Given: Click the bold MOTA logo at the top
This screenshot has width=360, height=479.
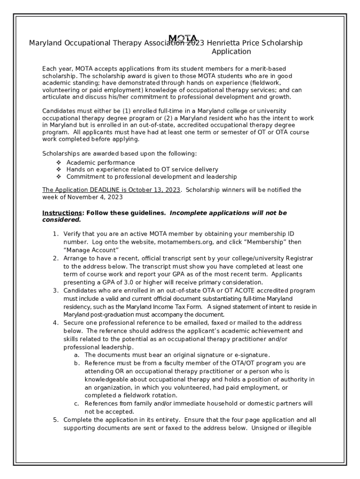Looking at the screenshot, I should pyautogui.click(x=183, y=38).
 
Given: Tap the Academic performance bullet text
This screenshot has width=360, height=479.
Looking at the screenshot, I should pyautogui.click(x=101, y=162).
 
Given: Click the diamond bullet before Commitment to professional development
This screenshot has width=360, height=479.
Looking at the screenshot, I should pyautogui.click(x=58, y=177).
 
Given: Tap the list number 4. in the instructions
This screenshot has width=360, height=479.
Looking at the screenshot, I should pyautogui.click(x=55, y=323).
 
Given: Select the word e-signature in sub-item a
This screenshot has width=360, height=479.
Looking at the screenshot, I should pyautogui.click(x=252, y=355).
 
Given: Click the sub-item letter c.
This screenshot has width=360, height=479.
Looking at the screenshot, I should pyautogui.click(x=76, y=403).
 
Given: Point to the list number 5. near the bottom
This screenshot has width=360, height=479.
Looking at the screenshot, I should pyautogui.click(x=55, y=420).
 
